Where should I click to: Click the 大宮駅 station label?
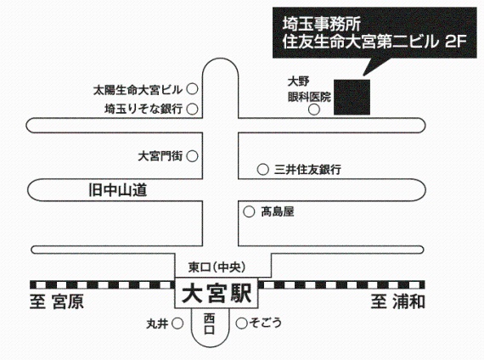click(x=217, y=293)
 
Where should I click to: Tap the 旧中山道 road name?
click(x=118, y=190)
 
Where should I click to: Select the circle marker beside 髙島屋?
click(x=249, y=211)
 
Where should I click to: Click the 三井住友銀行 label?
click(x=307, y=170)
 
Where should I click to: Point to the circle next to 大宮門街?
click(x=192, y=156)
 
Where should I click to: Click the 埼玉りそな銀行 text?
click(x=144, y=109)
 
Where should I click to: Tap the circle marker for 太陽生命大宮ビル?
click(x=192, y=89)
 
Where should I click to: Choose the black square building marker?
click(x=352, y=97)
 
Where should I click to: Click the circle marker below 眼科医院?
click(x=314, y=110)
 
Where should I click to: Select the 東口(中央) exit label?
click(x=217, y=267)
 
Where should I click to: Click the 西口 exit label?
click(x=209, y=323)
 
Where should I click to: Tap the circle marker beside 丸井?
click(x=177, y=323)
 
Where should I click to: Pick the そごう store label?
click(x=266, y=323)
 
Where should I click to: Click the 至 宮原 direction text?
click(x=57, y=301)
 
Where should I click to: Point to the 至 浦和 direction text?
click(x=398, y=301)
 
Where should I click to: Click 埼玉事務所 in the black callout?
click(x=321, y=24)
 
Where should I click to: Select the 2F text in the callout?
click(x=455, y=42)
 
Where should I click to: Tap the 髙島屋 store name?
click(x=278, y=211)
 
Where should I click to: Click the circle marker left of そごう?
click(x=242, y=323)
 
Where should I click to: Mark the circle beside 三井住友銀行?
click(x=262, y=170)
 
